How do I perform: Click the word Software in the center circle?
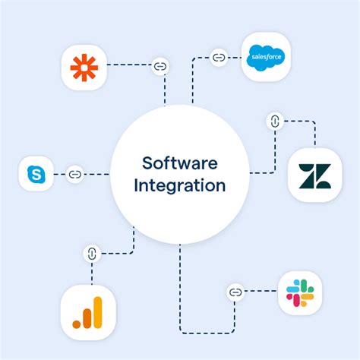point(180,163)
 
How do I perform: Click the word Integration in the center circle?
point(180,185)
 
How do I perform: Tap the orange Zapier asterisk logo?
point(84,68)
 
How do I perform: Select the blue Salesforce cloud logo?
point(266,58)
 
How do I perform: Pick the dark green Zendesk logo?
point(315,176)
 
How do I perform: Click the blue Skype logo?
point(36,174)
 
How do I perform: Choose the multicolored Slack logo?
point(300,293)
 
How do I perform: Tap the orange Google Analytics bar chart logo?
point(87,313)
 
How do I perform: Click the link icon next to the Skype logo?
point(75,174)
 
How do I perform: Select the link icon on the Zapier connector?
point(160,66)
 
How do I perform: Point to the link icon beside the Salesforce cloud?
point(219,58)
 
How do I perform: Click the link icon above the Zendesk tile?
point(275,122)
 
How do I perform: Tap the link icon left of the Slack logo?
point(235,292)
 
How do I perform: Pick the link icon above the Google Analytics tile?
point(92,254)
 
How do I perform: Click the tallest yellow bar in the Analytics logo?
point(98,312)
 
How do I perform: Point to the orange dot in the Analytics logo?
point(77,324)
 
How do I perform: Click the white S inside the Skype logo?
point(36,175)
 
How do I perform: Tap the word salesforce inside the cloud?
point(267,57)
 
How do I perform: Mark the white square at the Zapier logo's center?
point(84,68)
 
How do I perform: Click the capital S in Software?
point(147,163)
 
